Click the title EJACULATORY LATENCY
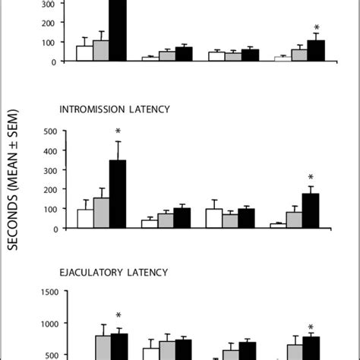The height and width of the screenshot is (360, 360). coord(115,271)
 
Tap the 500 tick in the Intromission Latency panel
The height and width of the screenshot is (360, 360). coord(52,131)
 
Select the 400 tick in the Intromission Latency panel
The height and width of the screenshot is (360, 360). coord(52,150)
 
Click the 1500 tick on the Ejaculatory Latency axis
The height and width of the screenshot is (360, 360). coord(49,292)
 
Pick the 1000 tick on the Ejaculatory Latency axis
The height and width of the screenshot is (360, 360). coord(49,324)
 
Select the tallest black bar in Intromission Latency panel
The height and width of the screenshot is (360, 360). coord(118,194)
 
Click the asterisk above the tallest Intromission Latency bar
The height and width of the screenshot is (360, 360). coord(118,131)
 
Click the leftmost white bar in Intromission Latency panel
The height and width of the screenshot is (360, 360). coord(85,219)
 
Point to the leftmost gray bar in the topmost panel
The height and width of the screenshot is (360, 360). coord(101,51)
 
